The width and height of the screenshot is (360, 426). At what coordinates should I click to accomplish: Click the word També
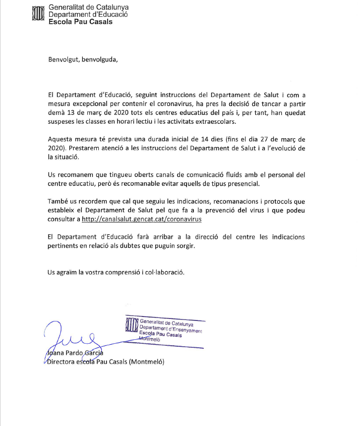coord(58,201)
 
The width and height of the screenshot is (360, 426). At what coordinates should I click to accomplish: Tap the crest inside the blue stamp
coord(131,326)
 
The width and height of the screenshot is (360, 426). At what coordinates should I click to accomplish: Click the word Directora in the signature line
coord(63,362)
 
